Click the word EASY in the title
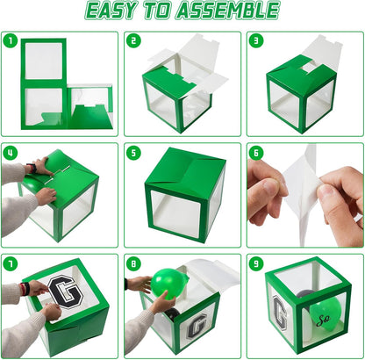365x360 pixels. (111, 11)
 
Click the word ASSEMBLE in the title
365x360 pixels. (228, 11)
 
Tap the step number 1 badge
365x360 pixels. (11, 41)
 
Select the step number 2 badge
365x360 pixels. (133, 41)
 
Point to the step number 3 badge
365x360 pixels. (256, 41)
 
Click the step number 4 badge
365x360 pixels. (11, 153)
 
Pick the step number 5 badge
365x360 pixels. (133, 153)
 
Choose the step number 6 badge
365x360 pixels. (256, 153)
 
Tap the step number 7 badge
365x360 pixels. (11, 264)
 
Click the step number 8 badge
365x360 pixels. (133, 264)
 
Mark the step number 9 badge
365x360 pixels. (256, 264)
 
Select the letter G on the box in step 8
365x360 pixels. (197, 326)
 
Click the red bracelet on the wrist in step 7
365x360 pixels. (24, 289)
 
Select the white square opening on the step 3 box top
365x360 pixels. (309, 68)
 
